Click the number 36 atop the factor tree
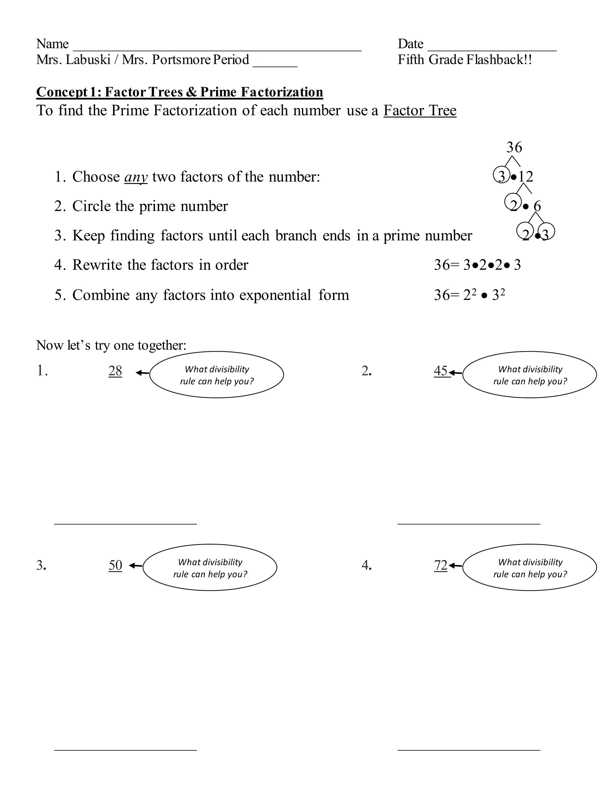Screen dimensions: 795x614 click(514, 147)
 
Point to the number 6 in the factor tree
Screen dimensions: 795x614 click(537, 206)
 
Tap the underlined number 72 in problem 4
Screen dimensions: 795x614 click(440, 565)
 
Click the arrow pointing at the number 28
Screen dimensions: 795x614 click(142, 372)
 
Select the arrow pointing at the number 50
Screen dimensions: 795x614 click(136, 565)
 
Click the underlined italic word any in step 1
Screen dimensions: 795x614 click(136, 177)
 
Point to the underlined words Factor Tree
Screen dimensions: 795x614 click(420, 111)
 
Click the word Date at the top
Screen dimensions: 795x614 click(410, 44)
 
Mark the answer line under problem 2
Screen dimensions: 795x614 click(469, 523)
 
